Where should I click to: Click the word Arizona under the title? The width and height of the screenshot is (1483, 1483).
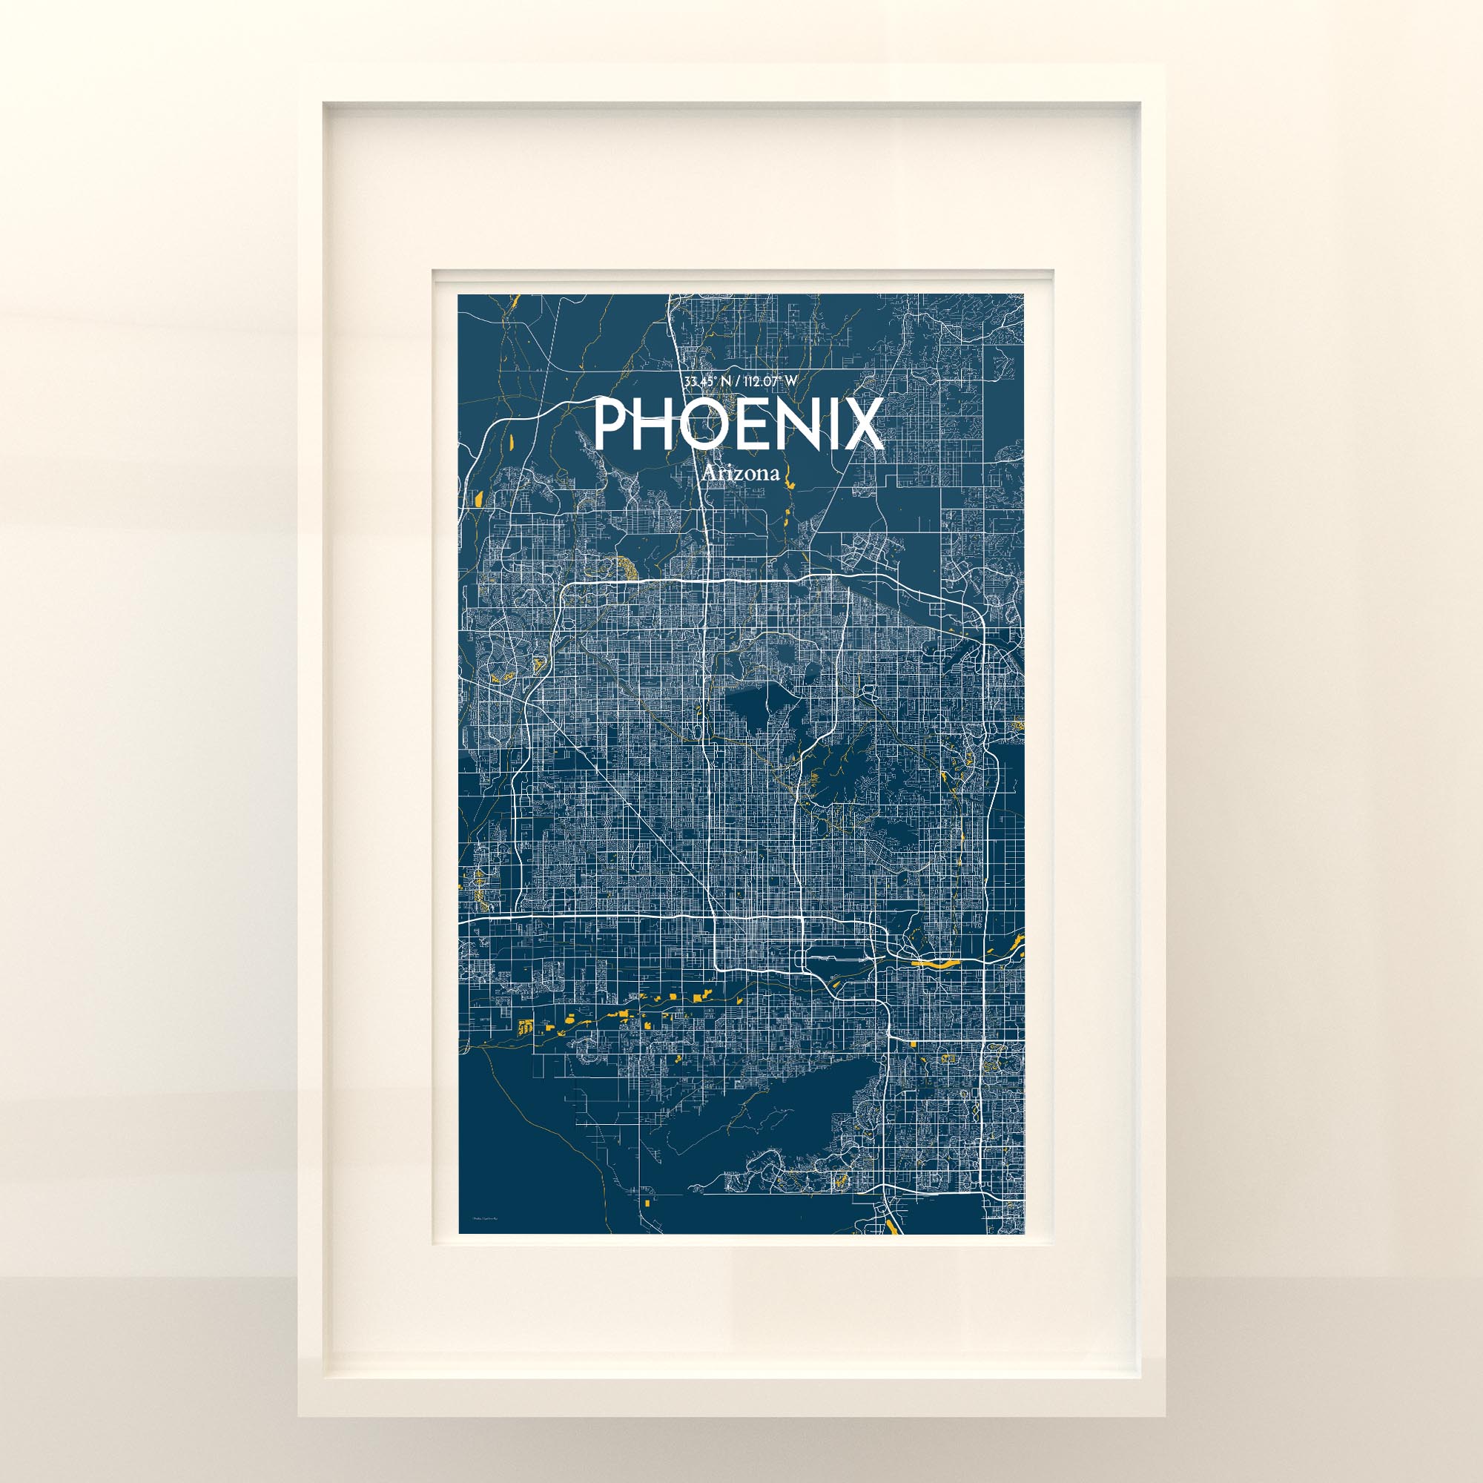[741, 474]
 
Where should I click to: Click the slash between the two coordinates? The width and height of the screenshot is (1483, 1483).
[737, 380]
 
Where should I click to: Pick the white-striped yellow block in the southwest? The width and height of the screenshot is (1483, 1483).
[526, 1026]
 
